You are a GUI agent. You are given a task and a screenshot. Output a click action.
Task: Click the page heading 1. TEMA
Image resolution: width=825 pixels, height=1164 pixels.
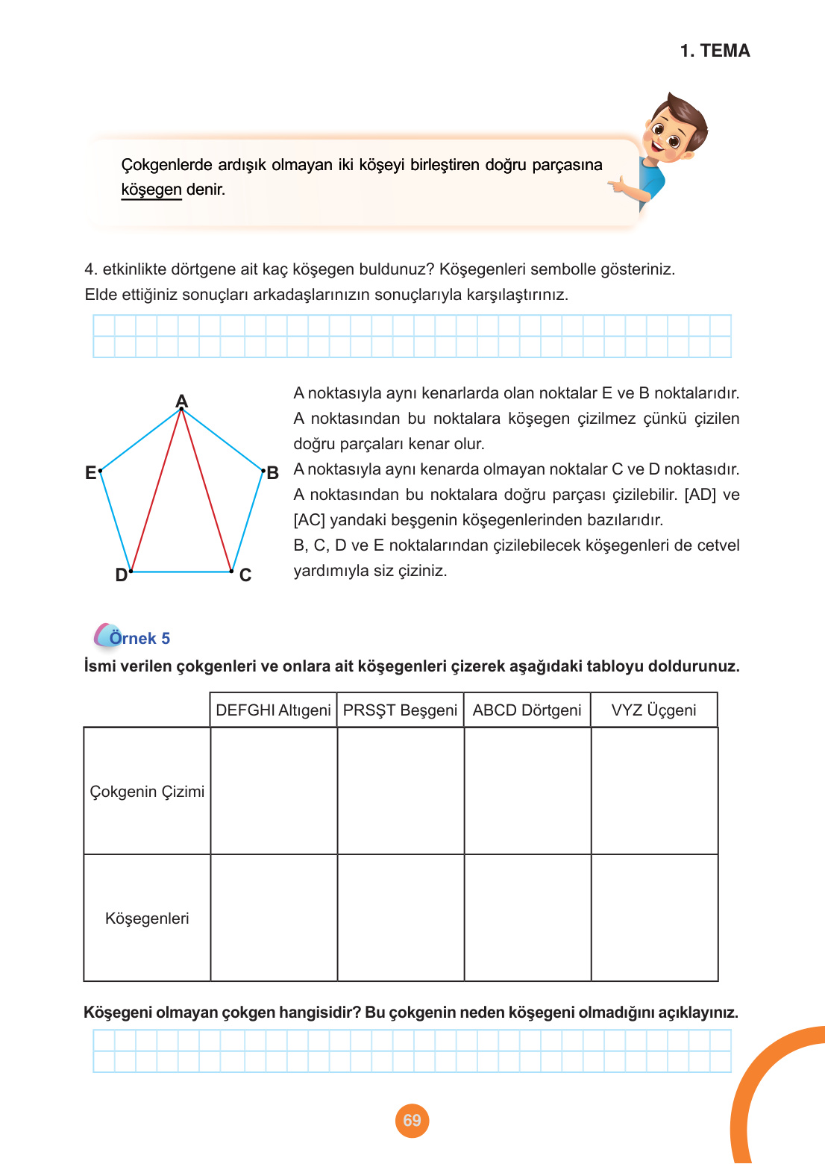(x=715, y=51)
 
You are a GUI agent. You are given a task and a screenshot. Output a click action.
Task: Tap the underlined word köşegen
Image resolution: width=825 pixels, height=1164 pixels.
(x=151, y=190)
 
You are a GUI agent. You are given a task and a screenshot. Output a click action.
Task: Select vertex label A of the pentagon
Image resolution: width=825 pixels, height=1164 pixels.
(x=181, y=401)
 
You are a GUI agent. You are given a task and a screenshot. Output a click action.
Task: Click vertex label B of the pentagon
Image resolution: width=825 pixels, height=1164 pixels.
(x=273, y=473)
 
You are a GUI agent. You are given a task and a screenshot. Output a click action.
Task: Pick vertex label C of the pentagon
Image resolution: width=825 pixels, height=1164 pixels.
(x=245, y=575)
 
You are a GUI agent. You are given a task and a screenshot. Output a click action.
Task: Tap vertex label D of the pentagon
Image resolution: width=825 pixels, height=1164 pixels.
(x=121, y=575)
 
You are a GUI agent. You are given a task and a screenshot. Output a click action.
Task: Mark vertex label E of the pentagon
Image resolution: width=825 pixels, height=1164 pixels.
(x=90, y=472)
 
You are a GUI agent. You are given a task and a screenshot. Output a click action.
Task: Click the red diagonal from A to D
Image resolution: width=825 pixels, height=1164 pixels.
(x=157, y=489)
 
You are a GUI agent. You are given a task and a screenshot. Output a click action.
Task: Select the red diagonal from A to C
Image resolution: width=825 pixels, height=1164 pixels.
(x=207, y=489)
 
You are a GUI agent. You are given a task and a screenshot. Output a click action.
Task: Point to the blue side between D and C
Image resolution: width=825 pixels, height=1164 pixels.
(x=181, y=572)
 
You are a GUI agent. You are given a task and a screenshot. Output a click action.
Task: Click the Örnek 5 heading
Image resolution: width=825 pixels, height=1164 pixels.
(x=139, y=638)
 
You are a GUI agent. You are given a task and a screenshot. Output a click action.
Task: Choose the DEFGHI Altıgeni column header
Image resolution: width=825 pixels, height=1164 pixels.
(x=273, y=710)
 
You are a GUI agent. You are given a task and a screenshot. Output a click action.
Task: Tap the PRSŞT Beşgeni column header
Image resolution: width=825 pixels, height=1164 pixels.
(x=400, y=710)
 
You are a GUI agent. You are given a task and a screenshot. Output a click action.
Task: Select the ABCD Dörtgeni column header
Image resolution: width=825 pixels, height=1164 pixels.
(x=527, y=710)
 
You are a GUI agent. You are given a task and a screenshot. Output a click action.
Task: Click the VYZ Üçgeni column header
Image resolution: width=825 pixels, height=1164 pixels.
(x=653, y=710)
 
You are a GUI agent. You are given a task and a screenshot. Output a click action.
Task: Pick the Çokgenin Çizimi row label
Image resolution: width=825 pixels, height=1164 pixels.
(x=147, y=792)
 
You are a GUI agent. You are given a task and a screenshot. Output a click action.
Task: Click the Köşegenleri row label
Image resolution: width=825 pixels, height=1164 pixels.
(x=147, y=919)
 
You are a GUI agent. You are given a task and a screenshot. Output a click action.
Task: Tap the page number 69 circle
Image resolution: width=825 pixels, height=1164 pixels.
(x=412, y=1120)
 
